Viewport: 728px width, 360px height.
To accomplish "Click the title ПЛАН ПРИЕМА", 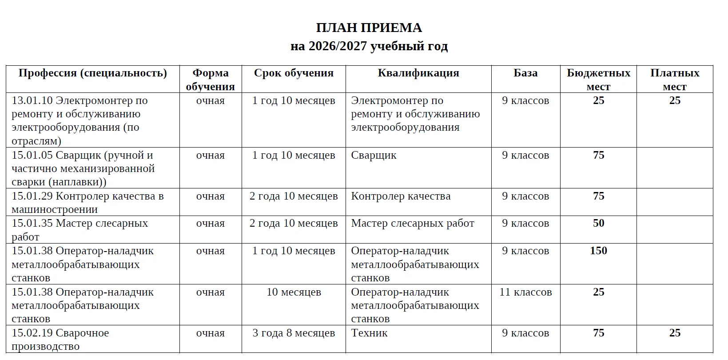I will coord(369,28).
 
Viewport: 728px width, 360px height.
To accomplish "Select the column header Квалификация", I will coord(418,73).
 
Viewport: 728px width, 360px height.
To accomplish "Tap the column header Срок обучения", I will coord(294,73).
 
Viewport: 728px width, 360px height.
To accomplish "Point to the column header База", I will coord(525,73).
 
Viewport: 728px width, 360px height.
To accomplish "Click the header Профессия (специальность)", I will coord(92,73).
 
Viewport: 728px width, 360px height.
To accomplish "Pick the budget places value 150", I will coord(598,251).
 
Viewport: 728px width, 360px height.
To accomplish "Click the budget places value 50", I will coord(598,224).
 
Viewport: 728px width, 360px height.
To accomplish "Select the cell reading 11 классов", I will coord(525,292).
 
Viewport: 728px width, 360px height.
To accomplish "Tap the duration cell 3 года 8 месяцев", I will coord(294,333).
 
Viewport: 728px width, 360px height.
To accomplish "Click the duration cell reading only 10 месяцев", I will coord(294,292).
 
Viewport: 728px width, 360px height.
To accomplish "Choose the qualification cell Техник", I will coord(369,333).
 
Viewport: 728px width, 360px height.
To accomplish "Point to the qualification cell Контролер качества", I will coord(401,196).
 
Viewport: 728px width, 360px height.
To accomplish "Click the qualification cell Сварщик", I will coord(374,156).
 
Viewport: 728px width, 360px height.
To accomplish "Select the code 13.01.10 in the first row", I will coord(32,101).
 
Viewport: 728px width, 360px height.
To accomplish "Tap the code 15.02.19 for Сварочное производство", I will coord(32,333).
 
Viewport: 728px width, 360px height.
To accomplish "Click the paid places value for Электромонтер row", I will coord(675,101).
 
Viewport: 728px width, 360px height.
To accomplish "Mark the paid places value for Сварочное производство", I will coord(675,333).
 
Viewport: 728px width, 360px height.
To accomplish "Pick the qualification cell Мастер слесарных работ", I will coord(413,224).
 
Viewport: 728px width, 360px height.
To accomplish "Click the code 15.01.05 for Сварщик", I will coord(32,156).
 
